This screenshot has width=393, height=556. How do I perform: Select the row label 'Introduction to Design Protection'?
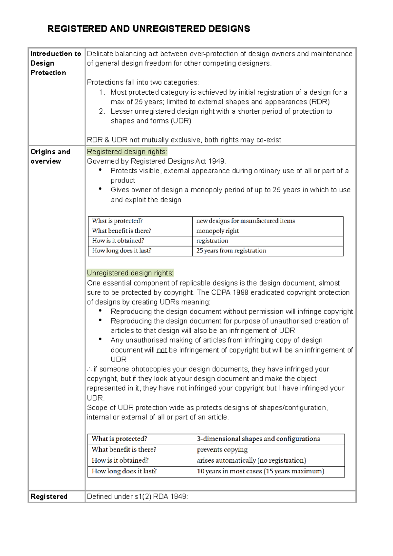55,63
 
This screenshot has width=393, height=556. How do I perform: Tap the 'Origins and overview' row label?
50,157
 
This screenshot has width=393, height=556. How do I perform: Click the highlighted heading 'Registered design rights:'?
127,152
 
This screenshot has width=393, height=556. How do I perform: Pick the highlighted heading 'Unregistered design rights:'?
130,273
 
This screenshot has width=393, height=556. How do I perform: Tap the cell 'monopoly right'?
217,231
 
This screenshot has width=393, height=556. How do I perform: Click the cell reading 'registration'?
212,241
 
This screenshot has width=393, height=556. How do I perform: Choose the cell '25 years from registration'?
231,250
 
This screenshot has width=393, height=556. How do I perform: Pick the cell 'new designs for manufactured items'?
246,221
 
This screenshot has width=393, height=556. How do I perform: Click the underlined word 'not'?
162,350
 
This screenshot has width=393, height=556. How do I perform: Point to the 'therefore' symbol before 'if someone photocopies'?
89,369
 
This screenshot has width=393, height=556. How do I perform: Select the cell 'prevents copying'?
222,450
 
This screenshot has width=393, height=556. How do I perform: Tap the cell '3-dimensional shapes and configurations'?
258,439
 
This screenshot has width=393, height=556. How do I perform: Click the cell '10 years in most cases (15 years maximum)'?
260,471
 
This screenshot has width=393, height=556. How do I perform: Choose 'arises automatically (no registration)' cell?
251,460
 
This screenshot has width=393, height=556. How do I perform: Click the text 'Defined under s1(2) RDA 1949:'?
138,497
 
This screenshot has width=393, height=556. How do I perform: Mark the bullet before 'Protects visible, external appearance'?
100,170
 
